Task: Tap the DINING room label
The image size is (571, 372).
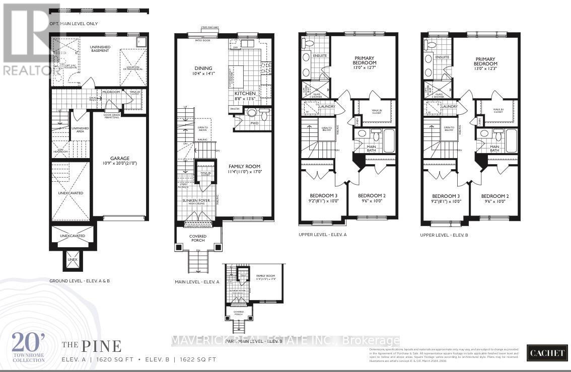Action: point(204,68)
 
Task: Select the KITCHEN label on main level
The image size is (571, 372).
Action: point(245,94)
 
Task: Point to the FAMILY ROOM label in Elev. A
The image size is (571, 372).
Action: point(244,166)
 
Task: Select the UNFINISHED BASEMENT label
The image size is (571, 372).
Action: point(100,49)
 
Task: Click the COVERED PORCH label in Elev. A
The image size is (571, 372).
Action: point(198,238)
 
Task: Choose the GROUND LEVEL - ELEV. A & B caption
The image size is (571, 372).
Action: point(79,280)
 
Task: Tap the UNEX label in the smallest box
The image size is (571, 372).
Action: point(73,260)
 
